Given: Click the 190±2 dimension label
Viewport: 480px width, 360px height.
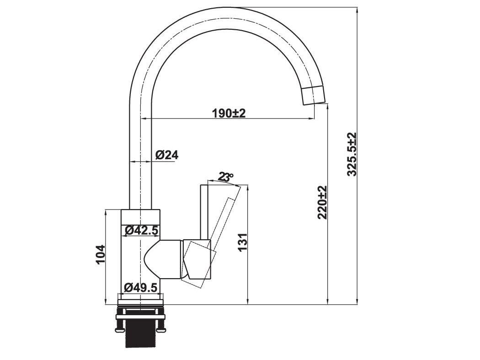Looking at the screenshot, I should (x=229, y=113).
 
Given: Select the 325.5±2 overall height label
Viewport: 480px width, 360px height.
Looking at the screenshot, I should (x=352, y=155).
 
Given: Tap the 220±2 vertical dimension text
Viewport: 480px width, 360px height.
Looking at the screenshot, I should (x=323, y=202).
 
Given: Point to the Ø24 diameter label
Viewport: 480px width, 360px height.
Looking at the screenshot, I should (x=166, y=155).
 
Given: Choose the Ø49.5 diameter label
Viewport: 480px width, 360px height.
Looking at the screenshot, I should (x=141, y=288).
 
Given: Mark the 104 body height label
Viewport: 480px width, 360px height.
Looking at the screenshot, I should (x=100, y=254).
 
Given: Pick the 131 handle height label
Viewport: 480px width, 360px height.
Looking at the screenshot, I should (x=242, y=242).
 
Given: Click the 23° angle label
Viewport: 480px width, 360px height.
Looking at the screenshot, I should (x=225, y=177).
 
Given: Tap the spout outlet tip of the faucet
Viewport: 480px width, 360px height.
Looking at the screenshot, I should (x=315, y=96).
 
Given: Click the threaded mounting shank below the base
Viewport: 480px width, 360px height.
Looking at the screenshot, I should (x=140, y=333).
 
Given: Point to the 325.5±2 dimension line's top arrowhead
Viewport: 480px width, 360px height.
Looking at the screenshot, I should (x=357, y=10).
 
